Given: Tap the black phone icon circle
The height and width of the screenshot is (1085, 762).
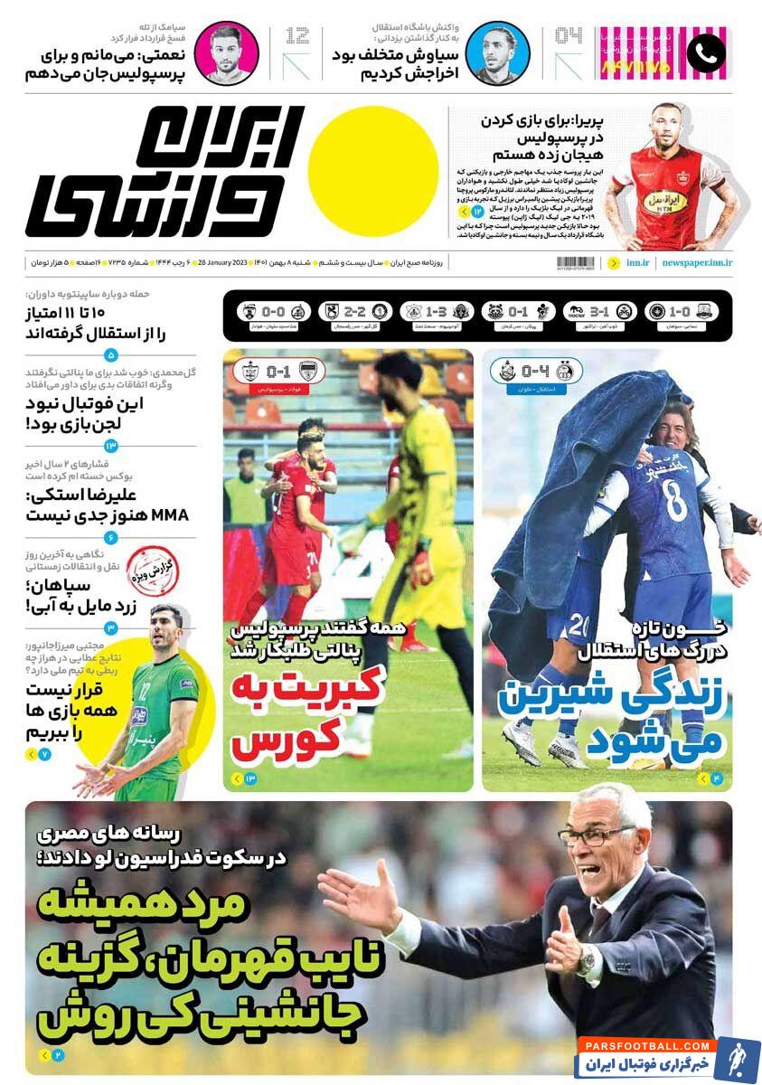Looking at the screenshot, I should [x=706, y=54].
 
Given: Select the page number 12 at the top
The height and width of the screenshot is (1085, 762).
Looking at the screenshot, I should [x=296, y=36].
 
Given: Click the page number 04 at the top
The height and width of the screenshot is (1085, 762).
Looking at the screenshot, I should [x=568, y=36].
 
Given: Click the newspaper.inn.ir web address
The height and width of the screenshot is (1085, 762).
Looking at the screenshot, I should [x=697, y=262].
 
